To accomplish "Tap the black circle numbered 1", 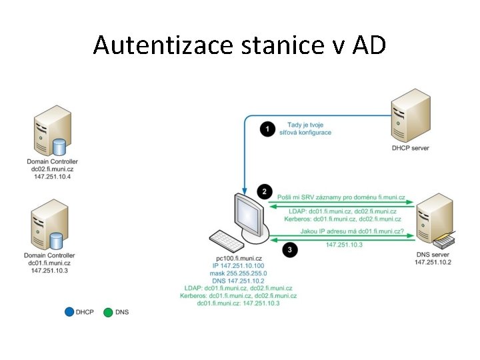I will (268, 129).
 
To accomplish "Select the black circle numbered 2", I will (265, 191).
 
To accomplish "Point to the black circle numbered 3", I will (289, 250).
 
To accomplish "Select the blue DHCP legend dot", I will (69, 311).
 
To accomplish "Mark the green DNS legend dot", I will (108, 311).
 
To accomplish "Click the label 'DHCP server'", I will (411, 147).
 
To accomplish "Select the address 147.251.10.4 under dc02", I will (51, 177).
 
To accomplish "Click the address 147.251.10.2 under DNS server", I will (433, 262).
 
